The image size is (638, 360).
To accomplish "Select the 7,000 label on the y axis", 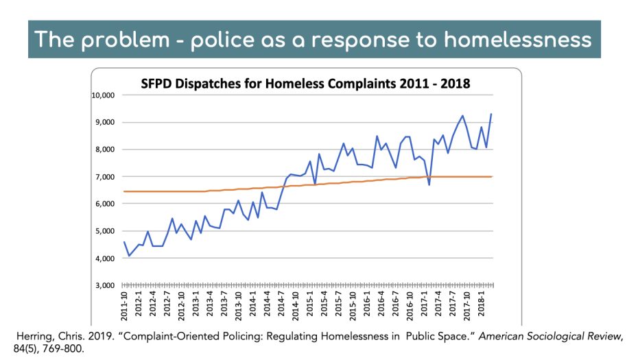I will coord(106,177).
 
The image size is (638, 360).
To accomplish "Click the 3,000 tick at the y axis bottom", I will coord(106,285).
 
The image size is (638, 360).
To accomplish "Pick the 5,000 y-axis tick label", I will coord(106,231).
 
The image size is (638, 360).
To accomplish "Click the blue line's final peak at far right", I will coord(491,114).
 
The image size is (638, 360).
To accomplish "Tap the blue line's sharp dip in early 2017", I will coord(429,184).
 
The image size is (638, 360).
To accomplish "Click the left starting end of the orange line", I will coord(124,191).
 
